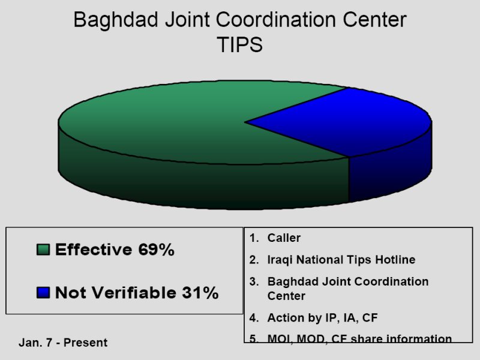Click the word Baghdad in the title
[116, 20]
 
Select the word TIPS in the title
[239, 44]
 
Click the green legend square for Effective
[43, 250]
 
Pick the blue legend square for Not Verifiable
[43, 292]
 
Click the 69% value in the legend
[156, 250]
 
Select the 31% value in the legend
[200, 292]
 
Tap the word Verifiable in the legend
[134, 292]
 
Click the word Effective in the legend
[94, 250]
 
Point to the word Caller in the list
[284, 238]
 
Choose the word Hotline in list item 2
[395, 260]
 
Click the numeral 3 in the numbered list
[254, 281]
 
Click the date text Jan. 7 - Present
[63, 343]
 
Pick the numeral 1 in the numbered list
[253, 238]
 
